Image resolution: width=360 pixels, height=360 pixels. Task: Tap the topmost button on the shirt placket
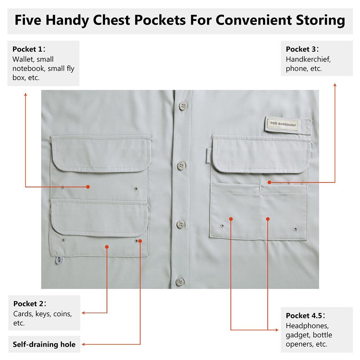tap(183, 106)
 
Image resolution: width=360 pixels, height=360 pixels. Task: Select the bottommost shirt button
tap(180, 282)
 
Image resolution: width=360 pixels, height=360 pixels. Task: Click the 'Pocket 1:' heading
tap(29, 49)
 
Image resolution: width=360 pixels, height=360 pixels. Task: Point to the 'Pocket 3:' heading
tap(302, 49)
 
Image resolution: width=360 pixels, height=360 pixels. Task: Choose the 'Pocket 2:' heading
tap(30, 303)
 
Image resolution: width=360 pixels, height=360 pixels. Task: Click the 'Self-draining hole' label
tap(44, 345)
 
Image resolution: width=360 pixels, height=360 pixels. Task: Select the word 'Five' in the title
tap(28, 20)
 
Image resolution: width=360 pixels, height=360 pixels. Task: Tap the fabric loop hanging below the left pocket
tap(59, 260)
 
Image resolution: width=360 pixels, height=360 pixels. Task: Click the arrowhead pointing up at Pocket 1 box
tap(25, 95)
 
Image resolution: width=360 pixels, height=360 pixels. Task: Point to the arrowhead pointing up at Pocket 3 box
tap(335, 85)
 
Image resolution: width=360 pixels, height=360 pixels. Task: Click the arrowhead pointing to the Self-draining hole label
tap(84, 345)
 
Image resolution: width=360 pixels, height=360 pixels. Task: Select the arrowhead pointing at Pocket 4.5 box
tap(277, 330)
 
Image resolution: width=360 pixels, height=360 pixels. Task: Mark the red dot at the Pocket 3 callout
tap(270, 182)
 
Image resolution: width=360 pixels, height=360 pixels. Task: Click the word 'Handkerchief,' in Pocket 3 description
tap(308, 59)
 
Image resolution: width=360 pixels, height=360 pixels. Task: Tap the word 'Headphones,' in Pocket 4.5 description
tap(307, 326)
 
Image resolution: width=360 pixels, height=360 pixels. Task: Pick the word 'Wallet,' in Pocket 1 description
tap(23, 59)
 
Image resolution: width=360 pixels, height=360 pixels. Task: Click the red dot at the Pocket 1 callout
tap(88, 187)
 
